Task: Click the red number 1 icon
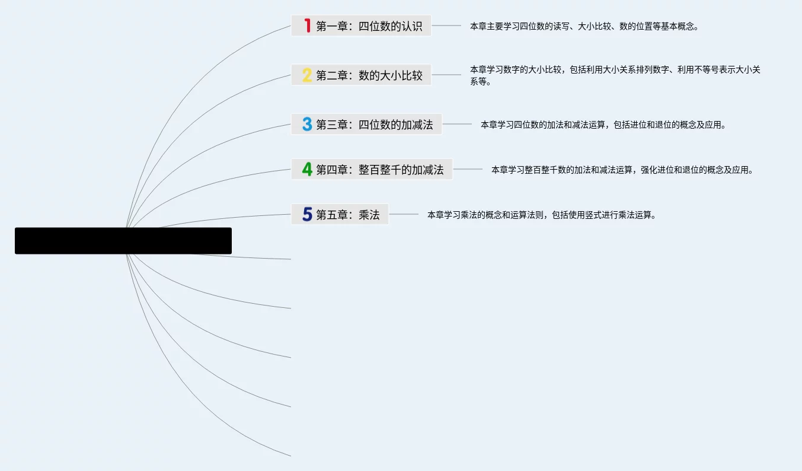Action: [307, 26]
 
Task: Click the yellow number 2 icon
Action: [307, 75]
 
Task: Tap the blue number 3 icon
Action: [307, 125]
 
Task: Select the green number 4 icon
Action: [307, 170]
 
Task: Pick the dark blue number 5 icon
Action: [307, 214]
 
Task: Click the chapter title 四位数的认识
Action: [391, 26]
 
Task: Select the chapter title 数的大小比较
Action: [391, 75]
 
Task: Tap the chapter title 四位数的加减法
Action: [396, 125]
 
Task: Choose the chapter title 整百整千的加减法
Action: [401, 170]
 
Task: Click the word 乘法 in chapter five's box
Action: [369, 215]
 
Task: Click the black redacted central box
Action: [123, 241]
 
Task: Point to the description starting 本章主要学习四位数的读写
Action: [584, 26]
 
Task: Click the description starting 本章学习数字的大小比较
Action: [615, 75]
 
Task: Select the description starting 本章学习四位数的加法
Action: [603, 125]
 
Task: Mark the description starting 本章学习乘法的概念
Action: [542, 215]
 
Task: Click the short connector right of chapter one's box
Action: [446, 26]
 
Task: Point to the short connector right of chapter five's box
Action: [404, 214]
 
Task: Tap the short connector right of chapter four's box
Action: [468, 169]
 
